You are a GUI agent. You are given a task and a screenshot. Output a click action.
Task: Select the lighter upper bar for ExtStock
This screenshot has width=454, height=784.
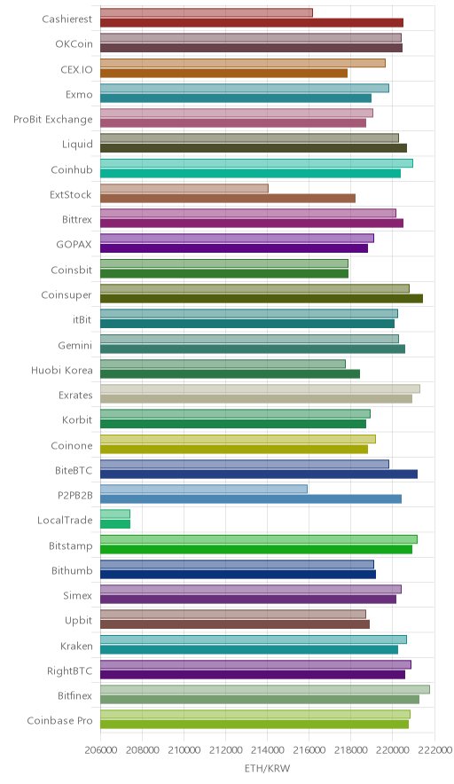[x=184, y=188]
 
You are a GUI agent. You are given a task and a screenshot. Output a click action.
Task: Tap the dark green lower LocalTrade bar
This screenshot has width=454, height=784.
[x=115, y=524]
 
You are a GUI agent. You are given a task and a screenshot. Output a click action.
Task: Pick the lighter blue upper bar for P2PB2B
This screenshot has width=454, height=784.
[x=204, y=489]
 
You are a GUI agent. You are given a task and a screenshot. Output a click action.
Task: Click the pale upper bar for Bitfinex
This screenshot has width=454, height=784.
[x=265, y=689]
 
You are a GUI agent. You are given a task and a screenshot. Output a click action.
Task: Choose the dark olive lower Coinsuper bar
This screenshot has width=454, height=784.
[x=262, y=299]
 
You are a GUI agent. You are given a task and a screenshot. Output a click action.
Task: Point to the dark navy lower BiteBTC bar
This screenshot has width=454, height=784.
[x=259, y=474]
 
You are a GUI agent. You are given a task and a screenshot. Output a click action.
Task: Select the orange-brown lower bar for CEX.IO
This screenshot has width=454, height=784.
[x=224, y=73]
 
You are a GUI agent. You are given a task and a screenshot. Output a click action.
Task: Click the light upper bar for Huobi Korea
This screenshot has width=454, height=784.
[x=223, y=364]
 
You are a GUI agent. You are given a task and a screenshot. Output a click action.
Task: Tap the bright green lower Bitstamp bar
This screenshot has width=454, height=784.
[x=256, y=549]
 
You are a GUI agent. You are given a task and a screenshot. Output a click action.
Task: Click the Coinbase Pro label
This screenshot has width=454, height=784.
[x=60, y=720]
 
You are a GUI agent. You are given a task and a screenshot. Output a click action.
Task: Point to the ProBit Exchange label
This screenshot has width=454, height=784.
[x=53, y=120]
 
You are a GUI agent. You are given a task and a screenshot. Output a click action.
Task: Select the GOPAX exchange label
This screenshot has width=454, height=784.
[x=74, y=245]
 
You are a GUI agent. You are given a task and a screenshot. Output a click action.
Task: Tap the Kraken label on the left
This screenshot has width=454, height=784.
[x=76, y=646]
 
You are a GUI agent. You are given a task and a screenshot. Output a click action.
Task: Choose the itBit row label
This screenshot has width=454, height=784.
[x=82, y=319]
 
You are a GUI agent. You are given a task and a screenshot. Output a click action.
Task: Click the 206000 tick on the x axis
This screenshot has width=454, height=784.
[x=100, y=749]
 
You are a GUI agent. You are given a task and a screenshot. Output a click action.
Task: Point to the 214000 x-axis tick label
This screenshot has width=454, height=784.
[x=267, y=749]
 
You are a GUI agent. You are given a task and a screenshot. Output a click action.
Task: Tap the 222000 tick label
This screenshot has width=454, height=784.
[x=434, y=749]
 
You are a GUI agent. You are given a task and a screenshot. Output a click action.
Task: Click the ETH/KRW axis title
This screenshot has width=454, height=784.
[x=267, y=768]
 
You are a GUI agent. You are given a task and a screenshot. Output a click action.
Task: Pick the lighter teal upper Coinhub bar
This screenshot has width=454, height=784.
[x=256, y=163]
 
